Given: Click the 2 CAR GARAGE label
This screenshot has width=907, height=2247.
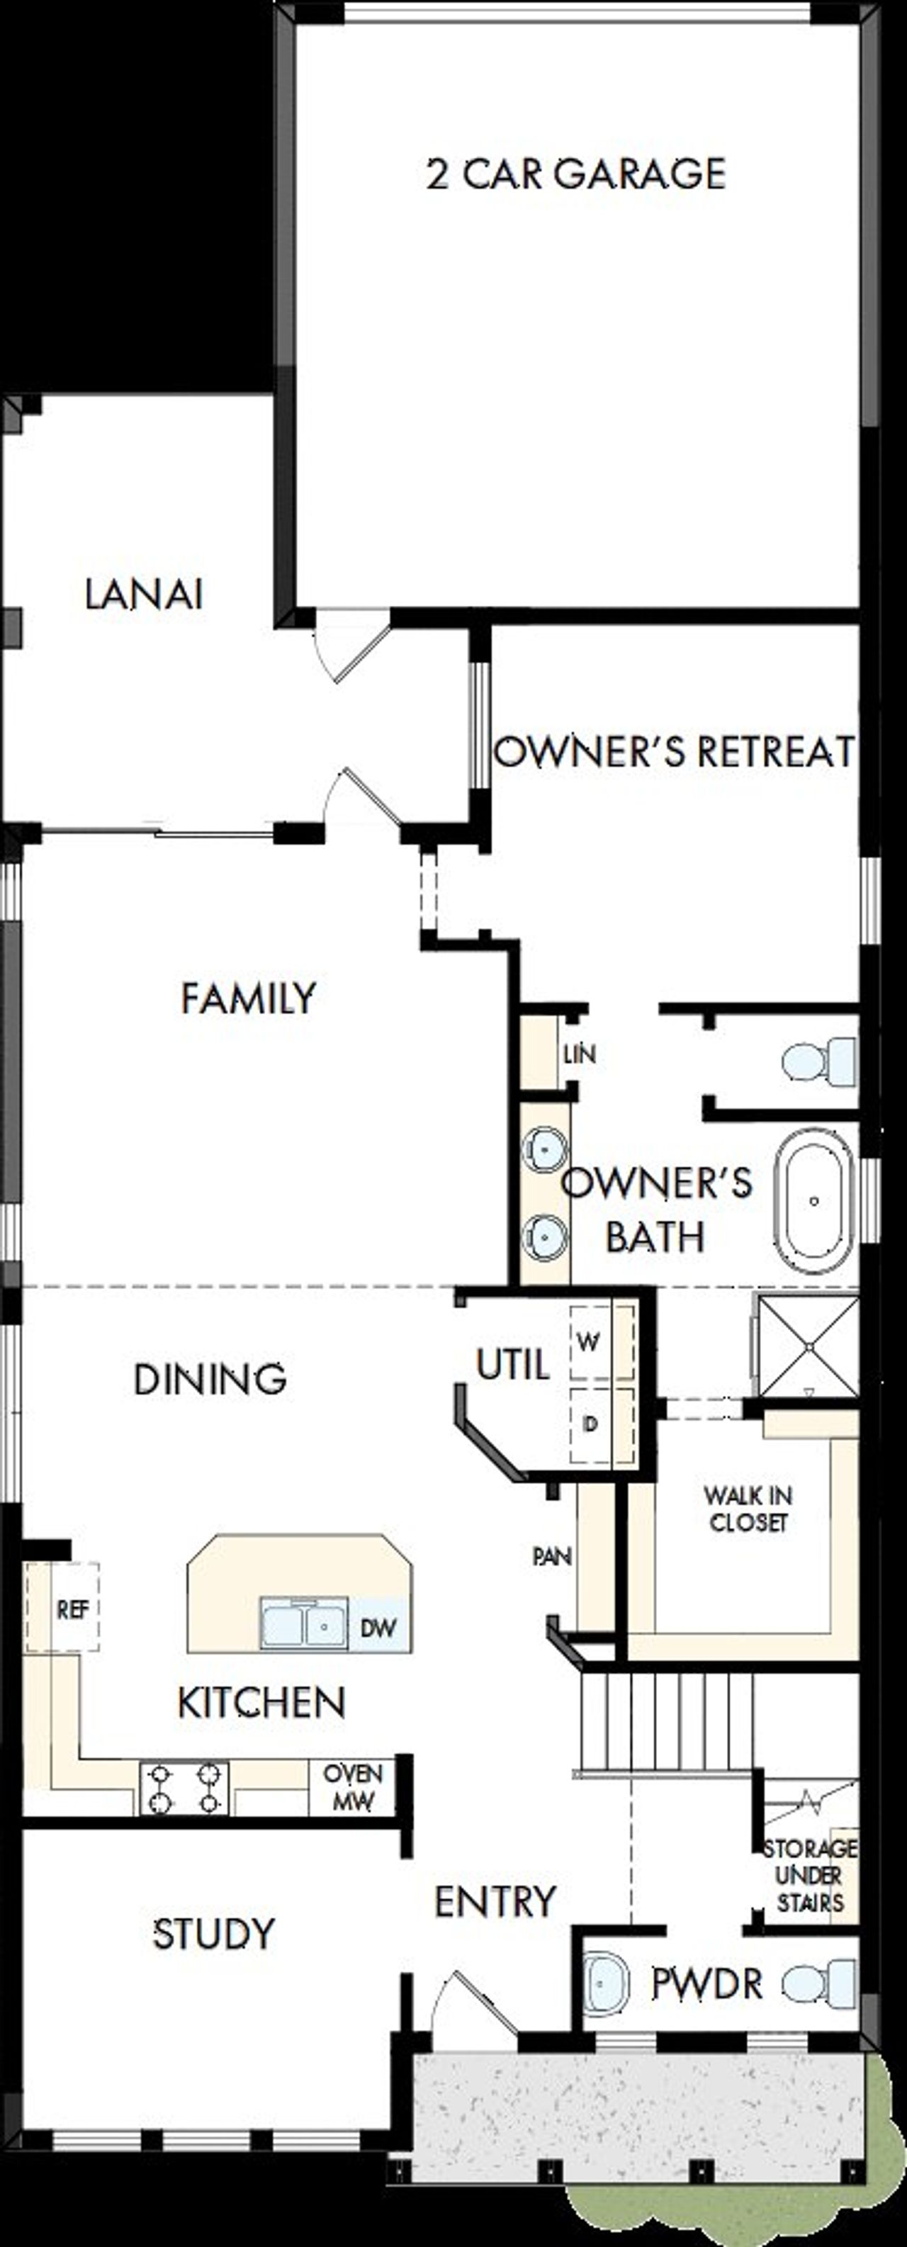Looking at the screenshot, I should pos(575,174).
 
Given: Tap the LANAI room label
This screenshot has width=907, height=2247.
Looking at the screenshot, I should pos(144,595).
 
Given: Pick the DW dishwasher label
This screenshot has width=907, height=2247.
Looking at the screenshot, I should pos(378,1627).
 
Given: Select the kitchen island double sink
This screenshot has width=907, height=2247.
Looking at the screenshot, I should pos(303,1623).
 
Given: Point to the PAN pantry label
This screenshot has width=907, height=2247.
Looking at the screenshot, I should pos(552,1556).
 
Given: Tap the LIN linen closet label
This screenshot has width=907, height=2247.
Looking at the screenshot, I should pos(579,1054).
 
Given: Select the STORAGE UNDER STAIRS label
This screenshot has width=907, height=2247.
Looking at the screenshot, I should pos(809,1876).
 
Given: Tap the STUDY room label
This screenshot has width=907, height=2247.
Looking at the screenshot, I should pos(214,1934).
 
